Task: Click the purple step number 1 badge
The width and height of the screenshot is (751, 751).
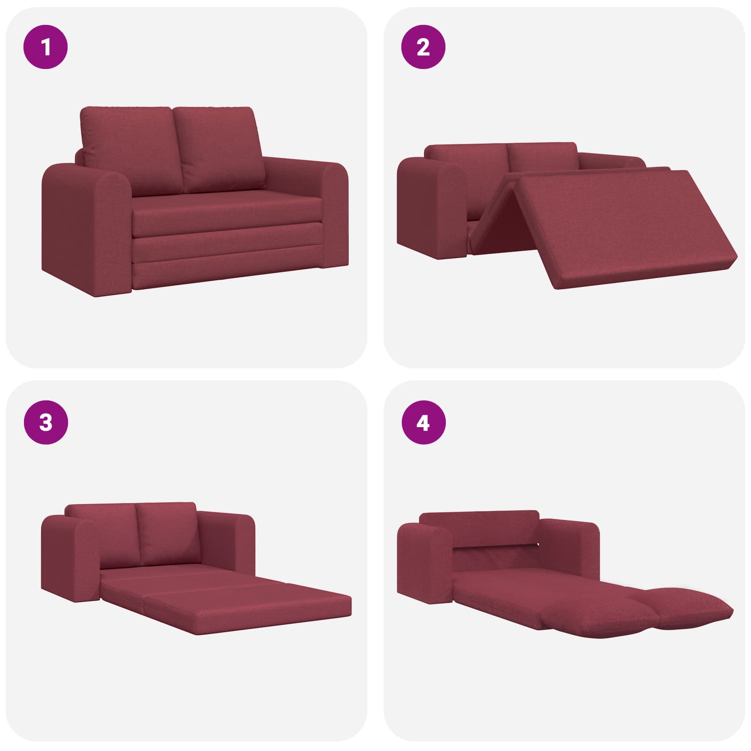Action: click(46, 47)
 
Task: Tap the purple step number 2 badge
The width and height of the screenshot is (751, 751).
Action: click(423, 47)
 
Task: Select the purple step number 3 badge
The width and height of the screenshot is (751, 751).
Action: click(46, 423)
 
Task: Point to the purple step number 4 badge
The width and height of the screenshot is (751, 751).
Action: click(423, 423)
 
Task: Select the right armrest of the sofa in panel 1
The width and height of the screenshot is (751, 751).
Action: click(329, 211)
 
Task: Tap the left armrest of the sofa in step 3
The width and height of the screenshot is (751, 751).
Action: click(70, 559)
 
